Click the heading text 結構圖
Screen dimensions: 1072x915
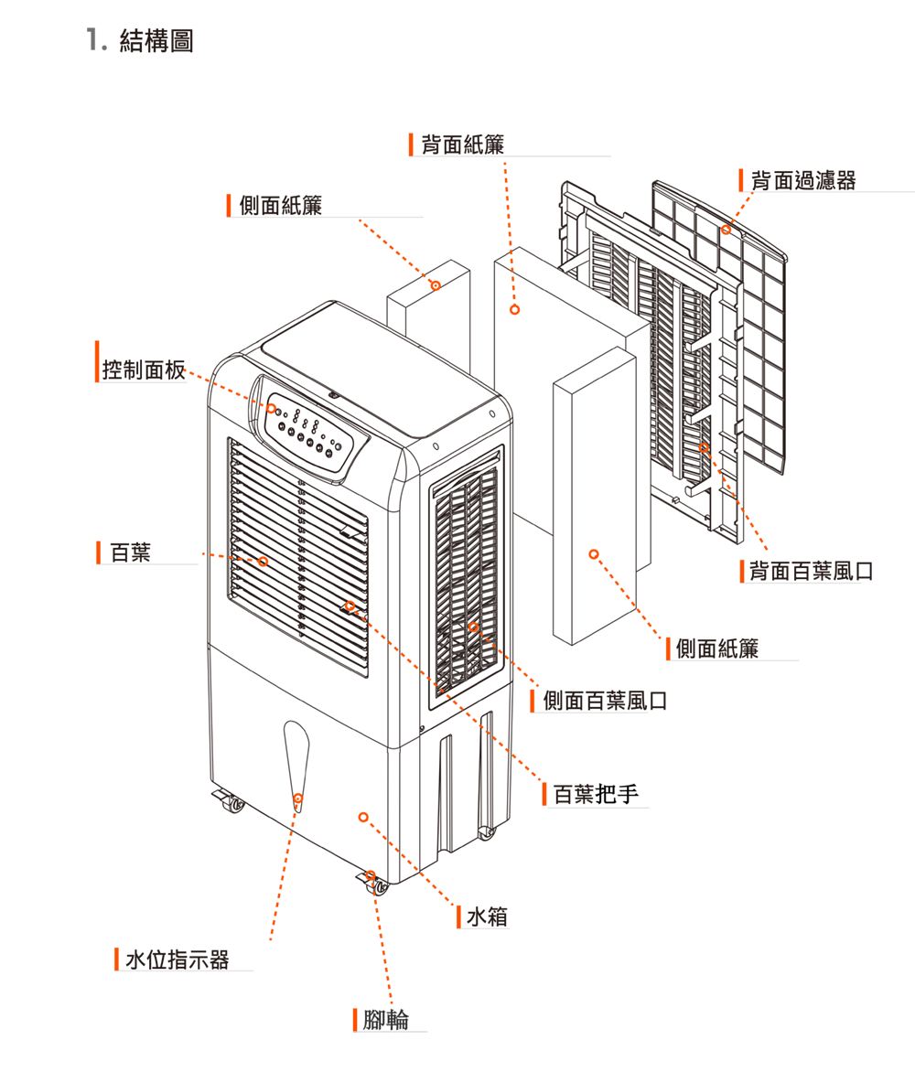point(156,41)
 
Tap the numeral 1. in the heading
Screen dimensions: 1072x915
point(93,41)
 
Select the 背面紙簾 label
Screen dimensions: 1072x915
point(462,144)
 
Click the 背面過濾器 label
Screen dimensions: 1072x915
point(802,180)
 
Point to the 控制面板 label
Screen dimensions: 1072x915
point(144,370)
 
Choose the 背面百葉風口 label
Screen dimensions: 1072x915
point(811,573)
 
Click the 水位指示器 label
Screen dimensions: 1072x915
point(177,959)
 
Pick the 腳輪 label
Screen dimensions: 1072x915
point(385,1020)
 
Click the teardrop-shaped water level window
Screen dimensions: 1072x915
point(296,759)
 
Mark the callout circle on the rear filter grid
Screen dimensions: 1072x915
point(726,229)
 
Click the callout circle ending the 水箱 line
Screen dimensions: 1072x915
point(363,816)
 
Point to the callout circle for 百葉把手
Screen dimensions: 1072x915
point(350,606)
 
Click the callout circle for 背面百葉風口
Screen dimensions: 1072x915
point(703,446)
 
